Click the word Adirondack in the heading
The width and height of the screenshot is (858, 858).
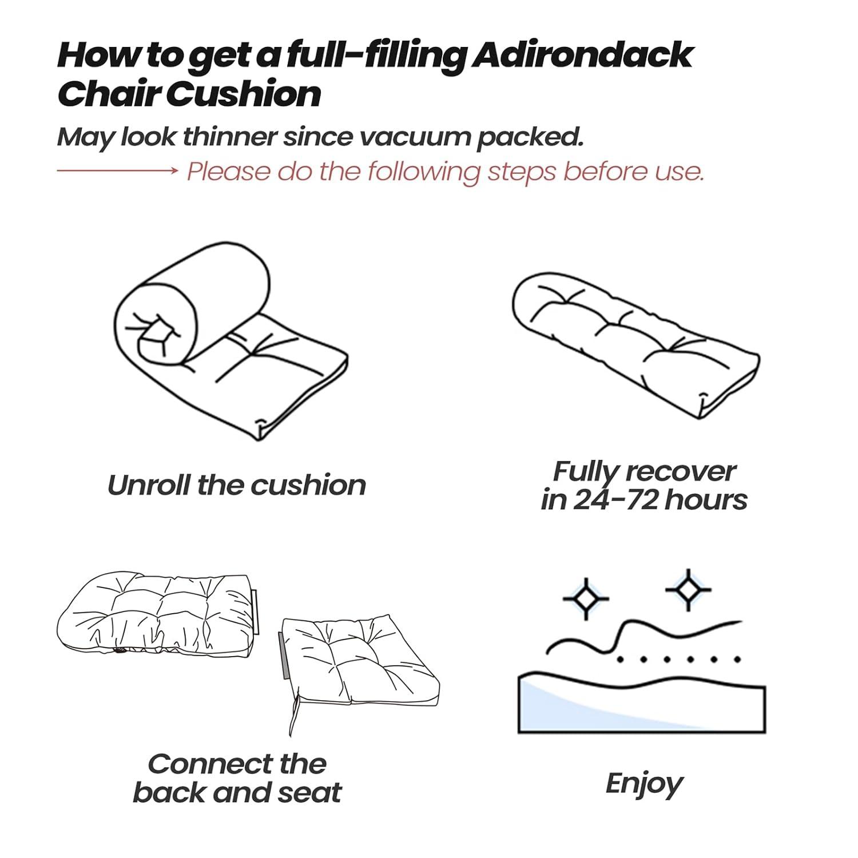tap(582, 55)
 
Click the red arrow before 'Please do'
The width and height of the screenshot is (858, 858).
tap(117, 170)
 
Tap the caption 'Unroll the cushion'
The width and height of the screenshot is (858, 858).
tap(236, 486)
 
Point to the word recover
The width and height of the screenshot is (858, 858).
tap(681, 472)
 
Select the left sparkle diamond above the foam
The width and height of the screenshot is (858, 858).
tap(585, 598)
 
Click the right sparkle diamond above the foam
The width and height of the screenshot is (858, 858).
tap(688, 589)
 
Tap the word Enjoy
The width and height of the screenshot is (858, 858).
tap(644, 784)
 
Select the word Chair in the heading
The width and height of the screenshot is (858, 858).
tap(109, 94)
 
